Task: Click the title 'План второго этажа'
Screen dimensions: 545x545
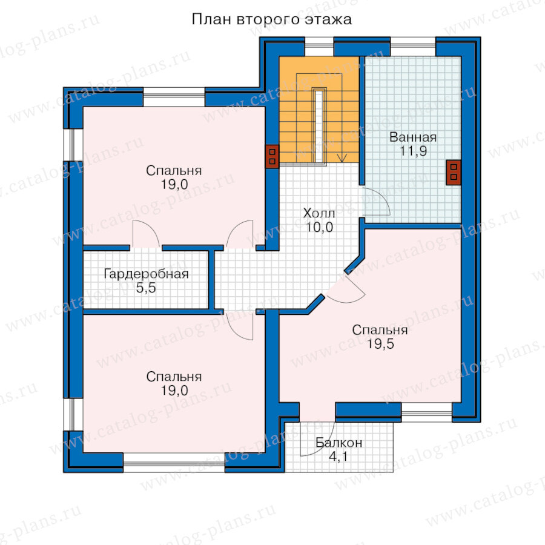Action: [271, 19]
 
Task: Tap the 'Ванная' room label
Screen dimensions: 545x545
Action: [413, 137]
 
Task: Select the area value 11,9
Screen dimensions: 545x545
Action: [413, 151]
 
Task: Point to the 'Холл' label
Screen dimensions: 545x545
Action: [319, 213]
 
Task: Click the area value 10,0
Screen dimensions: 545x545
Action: [319, 227]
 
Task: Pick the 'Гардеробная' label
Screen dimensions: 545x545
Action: [147, 274]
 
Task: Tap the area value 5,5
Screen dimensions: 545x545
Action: [146, 288]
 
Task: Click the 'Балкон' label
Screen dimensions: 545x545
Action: [339, 443]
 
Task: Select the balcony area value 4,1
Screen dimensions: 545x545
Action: [338, 457]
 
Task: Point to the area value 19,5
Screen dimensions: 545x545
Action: [381, 344]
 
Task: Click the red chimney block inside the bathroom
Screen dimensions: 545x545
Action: [453, 173]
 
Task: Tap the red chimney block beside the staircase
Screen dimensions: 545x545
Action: [272, 156]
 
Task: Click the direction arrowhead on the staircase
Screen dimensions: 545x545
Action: [342, 159]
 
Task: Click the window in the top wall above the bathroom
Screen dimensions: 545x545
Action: [413, 47]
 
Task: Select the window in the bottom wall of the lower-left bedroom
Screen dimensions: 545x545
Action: [174, 462]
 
